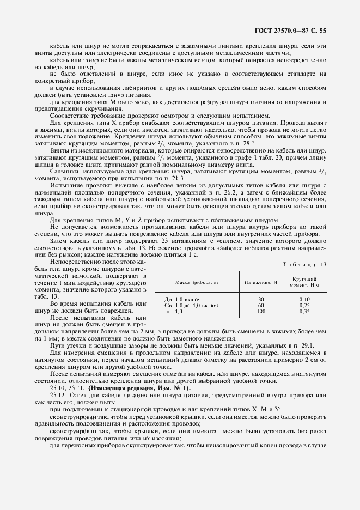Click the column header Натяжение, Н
point(260,283)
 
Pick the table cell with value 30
point(260,299)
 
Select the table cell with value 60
point(260,305)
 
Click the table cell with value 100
point(260,311)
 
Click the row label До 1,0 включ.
point(184,299)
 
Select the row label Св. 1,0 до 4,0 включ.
point(193,305)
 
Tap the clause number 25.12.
point(58,394)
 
